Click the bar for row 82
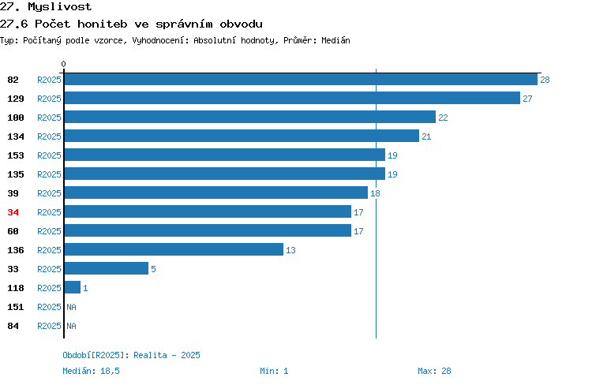301,79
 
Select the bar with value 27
292,98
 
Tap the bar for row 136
174,249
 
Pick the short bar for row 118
73,287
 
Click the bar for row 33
107,268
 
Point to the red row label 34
13,212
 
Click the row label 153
16,155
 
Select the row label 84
13,326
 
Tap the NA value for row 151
71,307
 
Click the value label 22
443,118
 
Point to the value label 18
375,193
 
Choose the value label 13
290,250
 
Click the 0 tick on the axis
63,64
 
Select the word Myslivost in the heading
60,7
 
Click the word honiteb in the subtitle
103,24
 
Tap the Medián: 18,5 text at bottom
91,371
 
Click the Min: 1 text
274,371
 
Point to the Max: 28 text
434,371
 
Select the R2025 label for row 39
49,193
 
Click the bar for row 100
250,117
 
